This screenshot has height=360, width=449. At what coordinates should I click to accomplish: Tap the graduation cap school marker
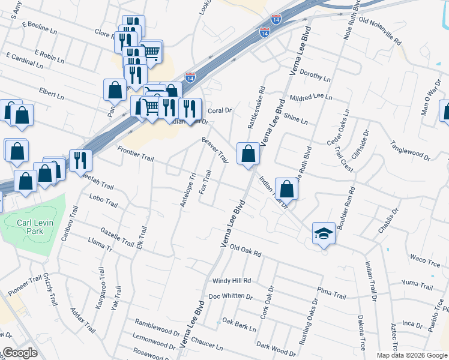[324, 233]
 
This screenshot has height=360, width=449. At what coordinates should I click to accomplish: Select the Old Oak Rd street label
[246, 250]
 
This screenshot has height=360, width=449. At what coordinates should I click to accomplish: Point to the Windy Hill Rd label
[231, 281]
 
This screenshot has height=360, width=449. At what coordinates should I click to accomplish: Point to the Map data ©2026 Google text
[412, 355]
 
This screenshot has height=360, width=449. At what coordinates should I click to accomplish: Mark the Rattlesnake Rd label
[256, 110]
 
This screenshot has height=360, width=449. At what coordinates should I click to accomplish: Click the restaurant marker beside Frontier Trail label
[80, 160]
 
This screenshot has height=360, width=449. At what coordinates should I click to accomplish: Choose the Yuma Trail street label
[418, 283]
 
